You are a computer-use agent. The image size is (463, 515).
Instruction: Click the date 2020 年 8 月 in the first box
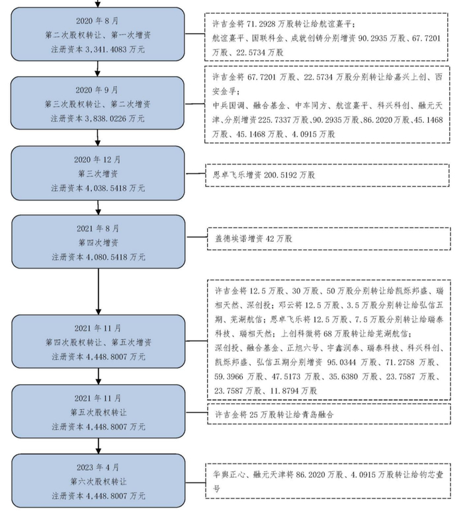pyautogui.click(x=98, y=20)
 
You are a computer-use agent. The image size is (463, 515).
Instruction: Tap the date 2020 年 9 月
pyautogui.click(x=98, y=89)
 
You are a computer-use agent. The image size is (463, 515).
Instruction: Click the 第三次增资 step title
pyautogui.click(x=98, y=173)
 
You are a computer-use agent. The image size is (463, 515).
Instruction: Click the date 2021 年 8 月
pyautogui.click(x=98, y=228)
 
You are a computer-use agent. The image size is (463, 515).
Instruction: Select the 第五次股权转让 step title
pyautogui.click(x=98, y=412)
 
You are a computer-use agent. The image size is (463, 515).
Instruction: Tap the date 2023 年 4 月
pyautogui.click(x=98, y=467)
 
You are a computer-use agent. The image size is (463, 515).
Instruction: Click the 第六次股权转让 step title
pyautogui.click(x=98, y=481)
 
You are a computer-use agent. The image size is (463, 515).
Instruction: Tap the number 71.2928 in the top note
pyautogui.click(x=261, y=22)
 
